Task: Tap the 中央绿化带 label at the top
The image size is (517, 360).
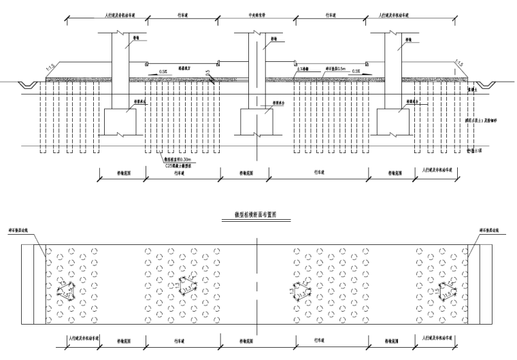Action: (x=256, y=13)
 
